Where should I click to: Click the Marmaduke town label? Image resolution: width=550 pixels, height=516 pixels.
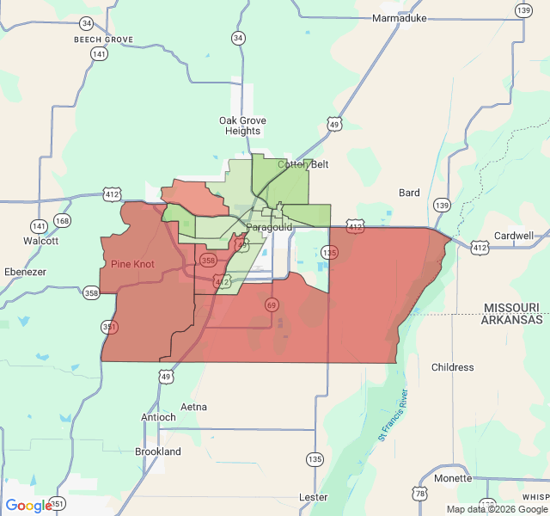click(x=399, y=18)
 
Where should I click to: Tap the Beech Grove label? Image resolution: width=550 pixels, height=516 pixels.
click(x=103, y=40)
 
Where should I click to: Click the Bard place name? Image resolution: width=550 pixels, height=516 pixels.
click(x=409, y=193)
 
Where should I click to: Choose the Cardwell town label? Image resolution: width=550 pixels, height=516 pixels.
click(x=514, y=235)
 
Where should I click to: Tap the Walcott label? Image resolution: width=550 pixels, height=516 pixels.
click(x=40, y=241)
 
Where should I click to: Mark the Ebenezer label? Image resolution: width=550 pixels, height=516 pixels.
click(x=24, y=272)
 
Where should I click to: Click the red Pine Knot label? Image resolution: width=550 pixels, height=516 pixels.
click(x=132, y=264)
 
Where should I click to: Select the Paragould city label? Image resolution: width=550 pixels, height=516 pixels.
click(x=269, y=227)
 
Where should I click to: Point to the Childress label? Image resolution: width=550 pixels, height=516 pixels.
click(x=452, y=367)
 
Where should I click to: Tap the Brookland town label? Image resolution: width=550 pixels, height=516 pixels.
click(x=158, y=451)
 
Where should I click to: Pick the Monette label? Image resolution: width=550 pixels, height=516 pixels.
click(x=453, y=478)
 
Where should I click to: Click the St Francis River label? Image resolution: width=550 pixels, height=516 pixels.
click(x=394, y=415)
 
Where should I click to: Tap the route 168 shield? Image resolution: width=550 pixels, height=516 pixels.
click(x=62, y=221)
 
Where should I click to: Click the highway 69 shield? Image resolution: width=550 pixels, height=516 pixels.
click(x=272, y=304)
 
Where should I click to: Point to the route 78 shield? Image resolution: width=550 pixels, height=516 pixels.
click(x=419, y=493)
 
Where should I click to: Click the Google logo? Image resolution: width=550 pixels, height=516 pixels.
click(x=28, y=506)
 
